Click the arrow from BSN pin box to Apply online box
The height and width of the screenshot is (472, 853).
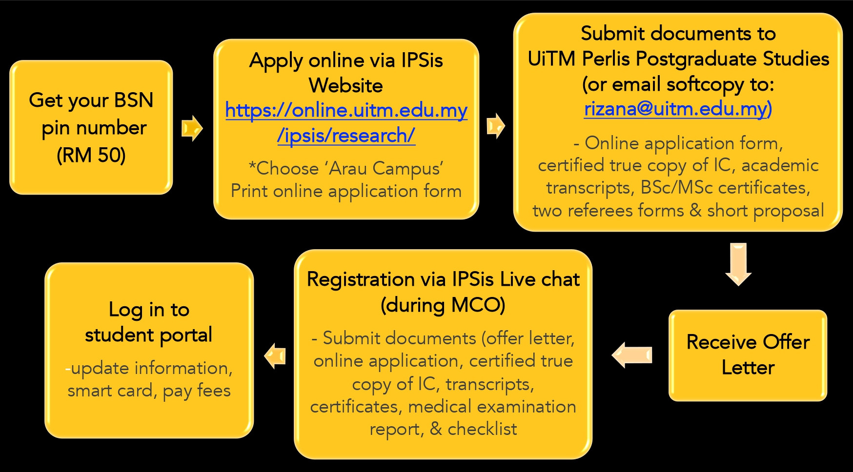192,128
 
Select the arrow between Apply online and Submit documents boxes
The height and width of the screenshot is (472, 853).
496,126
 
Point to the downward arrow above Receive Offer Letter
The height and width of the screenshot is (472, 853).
738,264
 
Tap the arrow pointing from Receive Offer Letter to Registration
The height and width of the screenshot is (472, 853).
632,355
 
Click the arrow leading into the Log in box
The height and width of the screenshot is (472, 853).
275,356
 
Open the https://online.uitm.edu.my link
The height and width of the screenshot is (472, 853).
346,110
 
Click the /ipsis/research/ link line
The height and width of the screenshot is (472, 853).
346,136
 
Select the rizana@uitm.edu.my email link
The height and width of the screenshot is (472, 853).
678,108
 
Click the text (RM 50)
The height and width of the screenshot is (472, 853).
91,155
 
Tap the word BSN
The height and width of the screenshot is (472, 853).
133,100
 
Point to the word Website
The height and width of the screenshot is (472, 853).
346,85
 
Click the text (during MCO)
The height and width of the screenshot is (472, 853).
443,305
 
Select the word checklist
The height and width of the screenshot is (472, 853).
482,429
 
